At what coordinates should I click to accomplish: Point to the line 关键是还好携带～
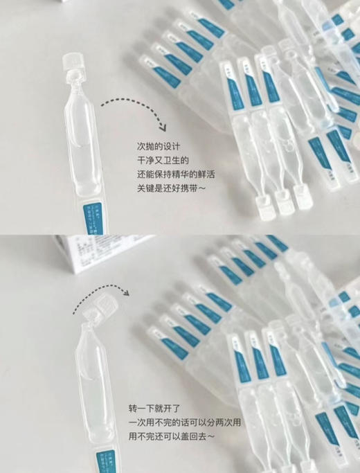pyautogui.click(x=172, y=189)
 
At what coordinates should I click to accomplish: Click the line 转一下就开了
pyautogui.click(x=152, y=408)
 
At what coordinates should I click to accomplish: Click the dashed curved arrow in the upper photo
pyautogui.click(x=135, y=111)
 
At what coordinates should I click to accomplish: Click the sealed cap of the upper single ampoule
pyautogui.click(x=71, y=64)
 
